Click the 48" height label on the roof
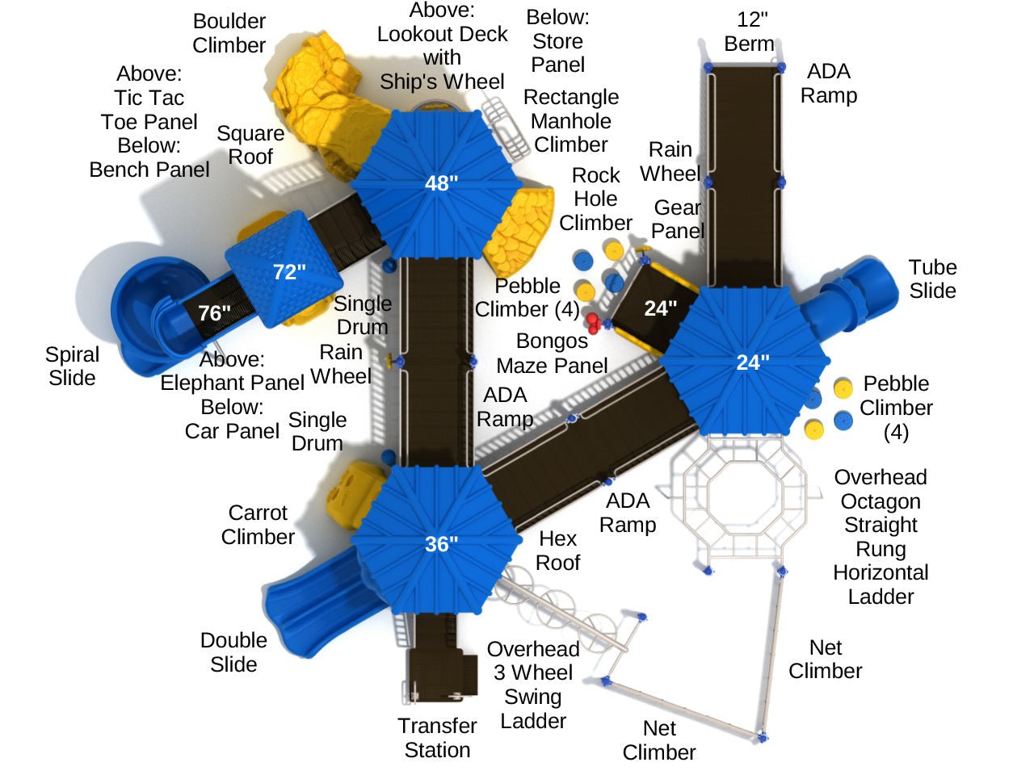441,183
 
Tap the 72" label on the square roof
289,272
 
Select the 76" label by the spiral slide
214,312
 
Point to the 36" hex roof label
441,544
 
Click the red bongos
594,323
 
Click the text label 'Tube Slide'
932,279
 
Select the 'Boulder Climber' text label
229,33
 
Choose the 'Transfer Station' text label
437,738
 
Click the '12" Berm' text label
749,31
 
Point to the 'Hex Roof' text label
558,551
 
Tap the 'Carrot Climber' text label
258,525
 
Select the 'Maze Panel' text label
552,366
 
